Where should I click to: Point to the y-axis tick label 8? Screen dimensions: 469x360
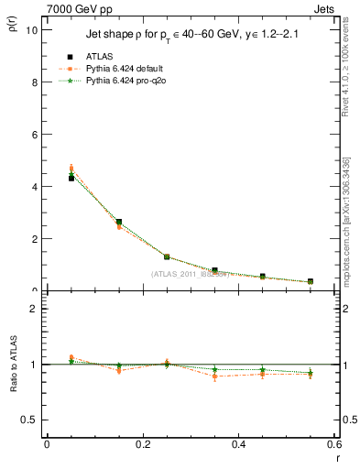click(35, 82)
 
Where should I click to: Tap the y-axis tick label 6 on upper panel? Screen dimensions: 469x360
click(35, 134)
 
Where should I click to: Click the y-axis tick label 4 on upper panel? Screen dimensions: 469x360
click(35, 186)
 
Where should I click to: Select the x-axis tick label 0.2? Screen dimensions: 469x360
click(142, 444)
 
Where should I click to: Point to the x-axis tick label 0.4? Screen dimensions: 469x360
click(238, 444)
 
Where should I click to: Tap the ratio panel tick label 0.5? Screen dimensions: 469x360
click(30, 420)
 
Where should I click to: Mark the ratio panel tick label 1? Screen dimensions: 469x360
click(35, 365)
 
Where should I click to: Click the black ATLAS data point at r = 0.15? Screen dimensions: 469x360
click(119, 222)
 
